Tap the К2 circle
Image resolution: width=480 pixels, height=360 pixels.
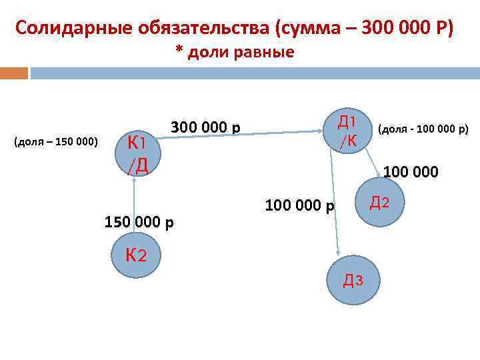(x=136, y=255)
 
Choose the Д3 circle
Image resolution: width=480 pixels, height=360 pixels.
(x=353, y=280)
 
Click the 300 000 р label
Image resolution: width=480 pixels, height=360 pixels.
(x=206, y=127)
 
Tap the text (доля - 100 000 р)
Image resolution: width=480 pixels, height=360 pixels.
(x=423, y=127)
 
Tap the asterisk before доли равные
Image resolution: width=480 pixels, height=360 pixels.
(x=179, y=51)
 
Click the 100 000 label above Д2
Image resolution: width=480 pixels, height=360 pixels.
(x=410, y=172)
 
